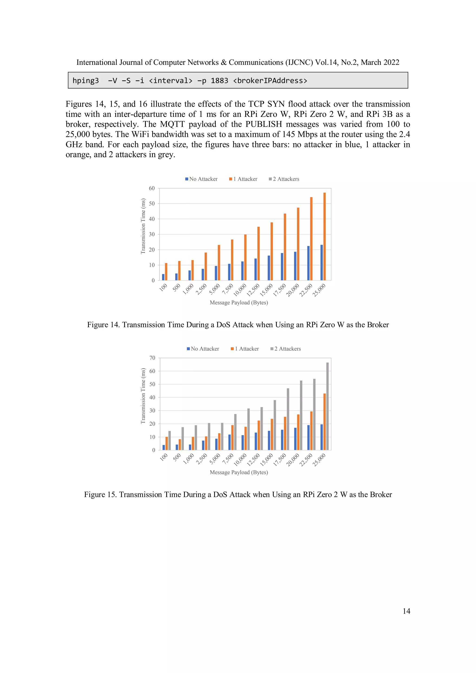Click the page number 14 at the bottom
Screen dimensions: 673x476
[x=406, y=611]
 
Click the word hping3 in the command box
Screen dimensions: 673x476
[x=86, y=81]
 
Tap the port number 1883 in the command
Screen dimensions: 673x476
[x=219, y=81]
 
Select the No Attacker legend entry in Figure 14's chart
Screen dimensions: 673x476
[x=202, y=179]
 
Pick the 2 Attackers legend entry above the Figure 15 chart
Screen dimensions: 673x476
[x=286, y=349]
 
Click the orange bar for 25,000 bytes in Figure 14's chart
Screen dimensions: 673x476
[x=324, y=237]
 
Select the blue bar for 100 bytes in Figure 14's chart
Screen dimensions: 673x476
[x=163, y=277]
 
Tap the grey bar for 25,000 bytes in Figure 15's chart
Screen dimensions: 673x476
[x=327, y=406]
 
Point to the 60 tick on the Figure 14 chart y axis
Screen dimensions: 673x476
[x=152, y=188]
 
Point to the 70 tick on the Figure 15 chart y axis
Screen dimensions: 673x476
[x=152, y=358]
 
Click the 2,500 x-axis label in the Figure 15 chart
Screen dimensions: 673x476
[x=202, y=459]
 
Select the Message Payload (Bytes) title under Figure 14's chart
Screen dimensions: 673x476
[x=239, y=302]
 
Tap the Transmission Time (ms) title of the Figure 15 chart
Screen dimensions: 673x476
[x=143, y=396]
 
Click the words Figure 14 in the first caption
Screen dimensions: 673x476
[x=103, y=325]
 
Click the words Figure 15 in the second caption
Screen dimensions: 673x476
[x=100, y=495]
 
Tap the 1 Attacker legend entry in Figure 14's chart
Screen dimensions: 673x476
[x=243, y=179]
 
